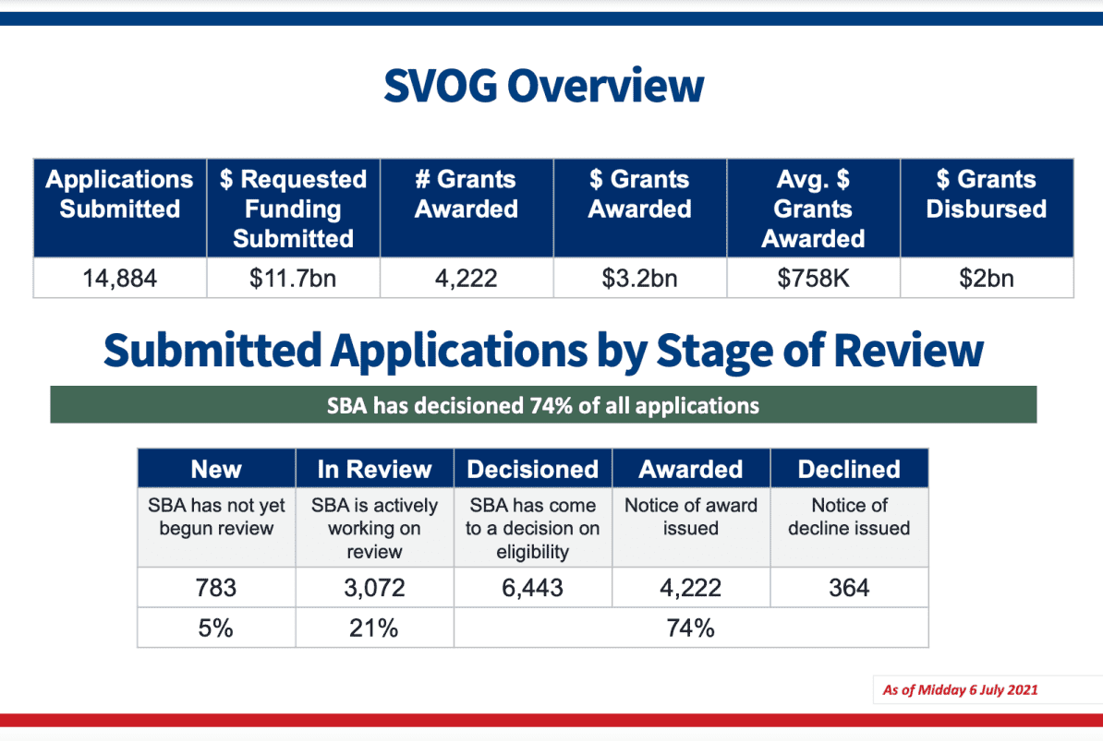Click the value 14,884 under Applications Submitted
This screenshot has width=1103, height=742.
(119, 279)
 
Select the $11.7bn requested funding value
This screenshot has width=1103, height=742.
(293, 279)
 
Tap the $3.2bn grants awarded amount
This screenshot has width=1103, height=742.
(639, 279)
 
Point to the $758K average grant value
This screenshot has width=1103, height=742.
(813, 279)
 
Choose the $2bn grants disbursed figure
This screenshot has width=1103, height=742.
(987, 279)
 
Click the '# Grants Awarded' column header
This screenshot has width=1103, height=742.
(467, 194)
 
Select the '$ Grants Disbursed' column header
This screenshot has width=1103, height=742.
(987, 194)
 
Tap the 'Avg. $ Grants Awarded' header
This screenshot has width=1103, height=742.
(813, 209)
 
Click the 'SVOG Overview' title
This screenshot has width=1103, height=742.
(544, 86)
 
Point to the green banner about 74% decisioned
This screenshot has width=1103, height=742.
(543, 405)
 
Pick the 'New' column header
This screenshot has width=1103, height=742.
(216, 470)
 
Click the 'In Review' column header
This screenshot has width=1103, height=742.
(374, 470)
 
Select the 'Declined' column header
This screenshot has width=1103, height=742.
(849, 470)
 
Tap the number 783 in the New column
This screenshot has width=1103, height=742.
(216, 587)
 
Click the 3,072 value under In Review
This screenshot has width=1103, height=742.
(374, 587)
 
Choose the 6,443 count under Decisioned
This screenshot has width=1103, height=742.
(532, 587)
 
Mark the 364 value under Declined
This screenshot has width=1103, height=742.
(849, 587)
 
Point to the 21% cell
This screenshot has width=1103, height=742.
(373, 628)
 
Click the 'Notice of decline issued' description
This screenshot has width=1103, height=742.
(849, 517)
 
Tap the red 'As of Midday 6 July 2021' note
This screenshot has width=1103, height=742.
(960, 690)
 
